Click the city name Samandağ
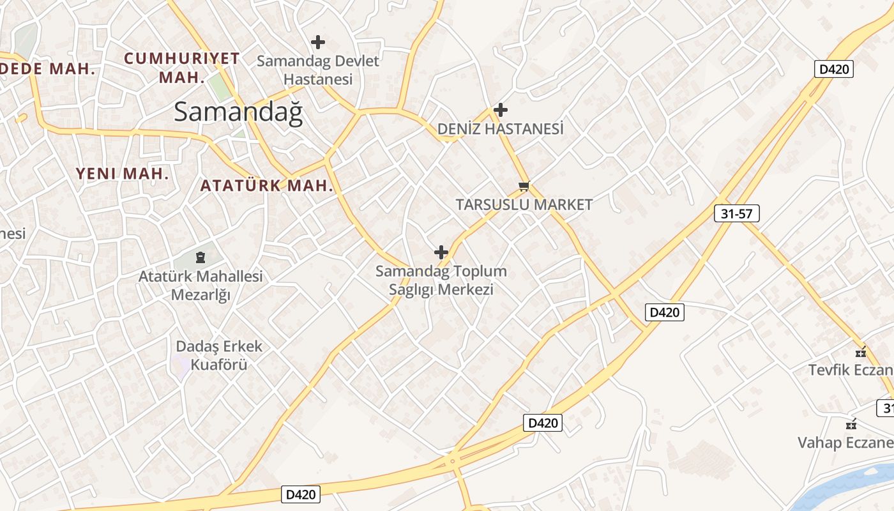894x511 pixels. coord(238,112)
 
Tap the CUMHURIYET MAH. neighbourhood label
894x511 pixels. coord(182,68)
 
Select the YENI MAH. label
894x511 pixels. coord(123,173)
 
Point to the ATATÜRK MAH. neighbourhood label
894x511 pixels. coord(267,186)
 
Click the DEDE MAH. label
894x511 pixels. coord(48,69)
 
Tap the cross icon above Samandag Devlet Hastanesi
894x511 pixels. coord(317,43)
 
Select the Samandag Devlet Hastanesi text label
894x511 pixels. coord(318,70)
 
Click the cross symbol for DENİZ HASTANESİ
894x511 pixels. coord(501,110)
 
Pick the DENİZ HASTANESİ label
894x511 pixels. coord(501,129)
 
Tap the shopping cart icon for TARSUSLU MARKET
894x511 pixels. coord(524,186)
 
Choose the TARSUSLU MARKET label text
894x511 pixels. coord(524,205)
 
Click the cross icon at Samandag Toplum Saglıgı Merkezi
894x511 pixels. coord(441,252)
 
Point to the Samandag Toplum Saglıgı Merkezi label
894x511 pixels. coord(441,280)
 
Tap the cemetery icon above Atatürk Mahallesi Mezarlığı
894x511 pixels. coord(201,258)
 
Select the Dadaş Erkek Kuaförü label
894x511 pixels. coord(211,355)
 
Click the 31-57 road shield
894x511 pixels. coord(736,214)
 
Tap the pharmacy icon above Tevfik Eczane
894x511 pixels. coord(861,351)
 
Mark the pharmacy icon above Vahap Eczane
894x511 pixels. coord(851,423)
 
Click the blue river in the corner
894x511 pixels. coord(856,489)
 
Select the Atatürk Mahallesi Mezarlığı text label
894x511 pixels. coord(201,286)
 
